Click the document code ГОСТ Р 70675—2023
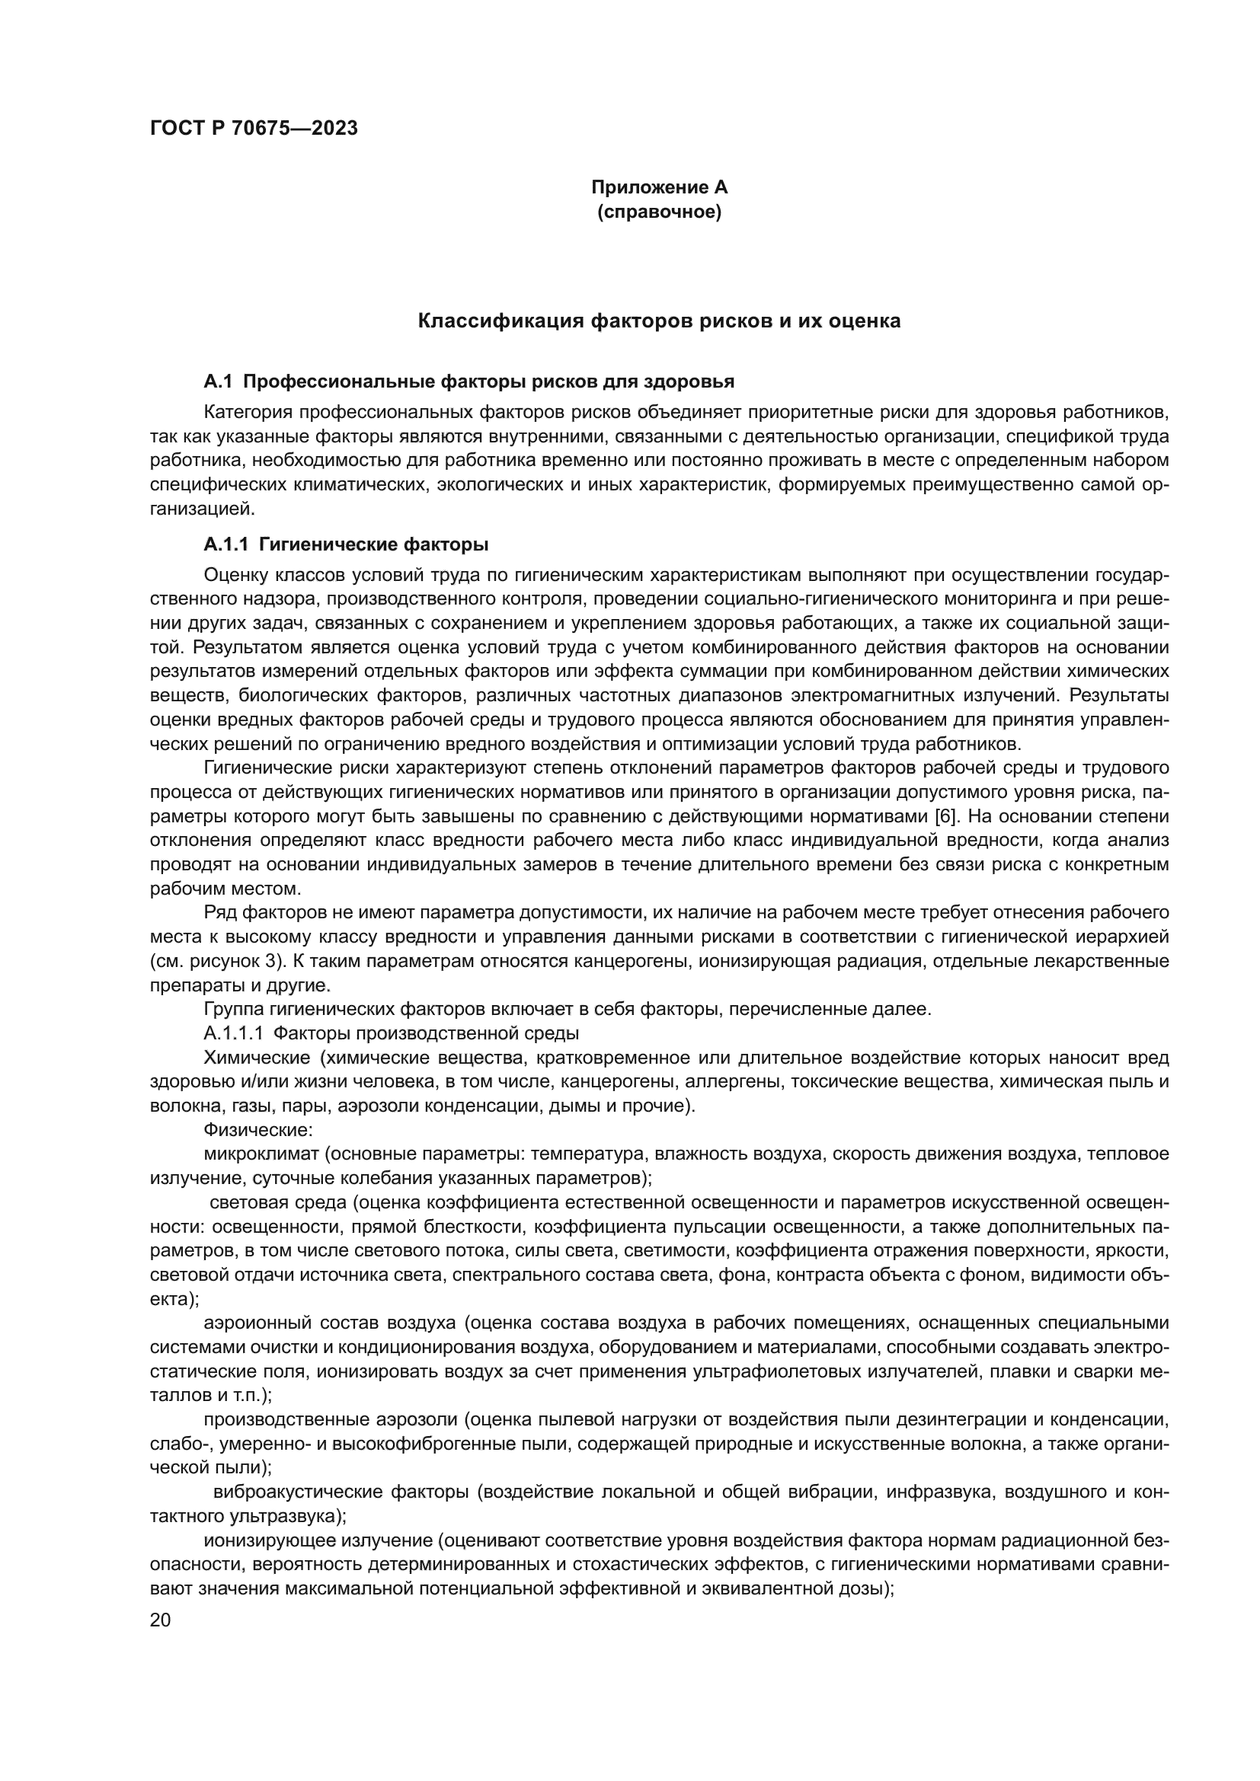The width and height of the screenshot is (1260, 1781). click(x=254, y=128)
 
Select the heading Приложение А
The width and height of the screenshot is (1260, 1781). click(x=660, y=187)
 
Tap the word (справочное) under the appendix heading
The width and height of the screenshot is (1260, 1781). click(x=660, y=212)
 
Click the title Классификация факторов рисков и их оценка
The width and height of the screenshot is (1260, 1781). click(x=660, y=321)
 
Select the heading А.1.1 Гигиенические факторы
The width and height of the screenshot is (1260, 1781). click(x=346, y=544)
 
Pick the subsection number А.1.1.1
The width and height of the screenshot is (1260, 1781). click(x=235, y=1034)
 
